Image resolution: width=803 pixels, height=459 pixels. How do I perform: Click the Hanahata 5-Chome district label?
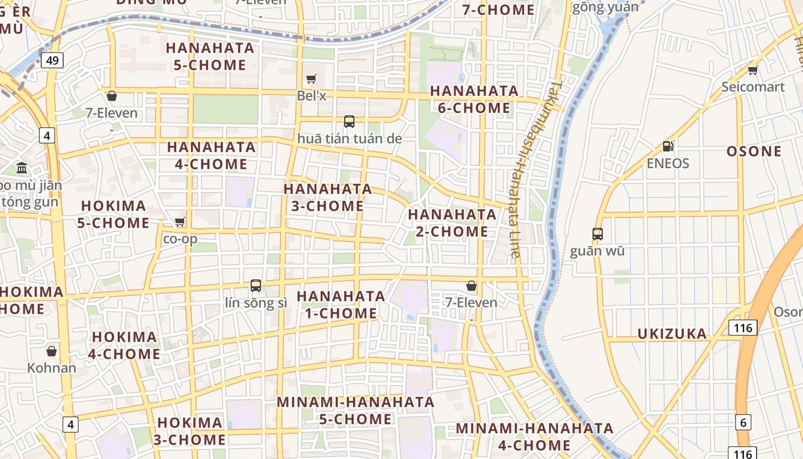pyautogui.click(x=209, y=56)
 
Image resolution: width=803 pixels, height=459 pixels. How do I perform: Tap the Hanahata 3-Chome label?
pyautogui.click(x=328, y=197)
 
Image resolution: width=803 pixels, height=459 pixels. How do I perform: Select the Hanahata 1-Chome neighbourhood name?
pyautogui.click(x=341, y=305)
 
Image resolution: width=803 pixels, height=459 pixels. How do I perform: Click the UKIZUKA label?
pyautogui.click(x=672, y=334)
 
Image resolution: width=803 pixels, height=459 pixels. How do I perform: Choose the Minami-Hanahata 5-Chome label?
pyautogui.click(x=356, y=410)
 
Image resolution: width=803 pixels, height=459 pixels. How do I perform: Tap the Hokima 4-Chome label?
pyautogui.click(x=124, y=345)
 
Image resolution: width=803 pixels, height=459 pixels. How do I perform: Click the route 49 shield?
pyautogui.click(x=52, y=60)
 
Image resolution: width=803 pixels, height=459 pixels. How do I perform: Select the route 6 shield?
pyautogui.click(x=743, y=422)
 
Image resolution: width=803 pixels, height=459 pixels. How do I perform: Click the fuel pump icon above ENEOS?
pyautogui.click(x=667, y=146)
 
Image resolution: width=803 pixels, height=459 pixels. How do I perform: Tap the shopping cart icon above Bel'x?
pyautogui.click(x=311, y=79)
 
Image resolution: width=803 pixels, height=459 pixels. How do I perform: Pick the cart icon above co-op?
pyautogui.click(x=180, y=221)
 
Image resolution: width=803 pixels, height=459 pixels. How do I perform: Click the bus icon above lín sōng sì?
pyautogui.click(x=256, y=285)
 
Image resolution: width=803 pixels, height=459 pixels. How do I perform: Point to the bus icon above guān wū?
pyautogui.click(x=597, y=234)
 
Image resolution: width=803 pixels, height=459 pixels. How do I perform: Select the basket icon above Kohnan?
pyautogui.click(x=52, y=351)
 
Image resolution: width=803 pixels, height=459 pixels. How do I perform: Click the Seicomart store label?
pyautogui.click(x=753, y=87)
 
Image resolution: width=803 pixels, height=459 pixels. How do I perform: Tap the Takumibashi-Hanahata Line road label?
pyautogui.click(x=533, y=169)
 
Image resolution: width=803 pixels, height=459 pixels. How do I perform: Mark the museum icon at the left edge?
pyautogui.click(x=22, y=168)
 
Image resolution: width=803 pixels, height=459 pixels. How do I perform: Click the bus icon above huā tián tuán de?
pyautogui.click(x=349, y=121)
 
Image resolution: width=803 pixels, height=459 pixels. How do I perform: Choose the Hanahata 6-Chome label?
pyautogui.click(x=474, y=99)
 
